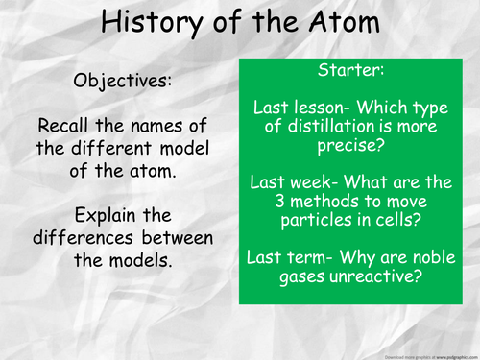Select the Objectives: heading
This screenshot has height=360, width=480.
122,81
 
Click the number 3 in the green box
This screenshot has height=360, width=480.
256,203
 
